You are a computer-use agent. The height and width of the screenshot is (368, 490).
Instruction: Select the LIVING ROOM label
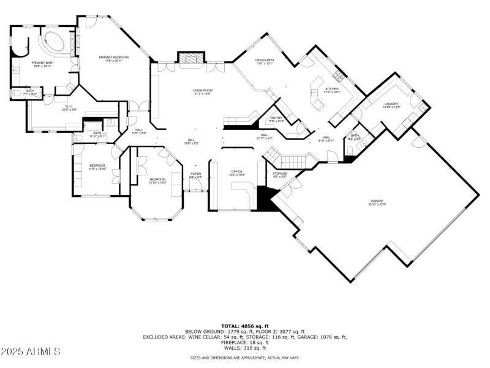click(x=202, y=91)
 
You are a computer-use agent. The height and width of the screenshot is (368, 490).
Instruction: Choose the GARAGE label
click(x=375, y=201)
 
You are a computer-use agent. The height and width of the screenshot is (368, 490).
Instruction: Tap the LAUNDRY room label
click(x=391, y=104)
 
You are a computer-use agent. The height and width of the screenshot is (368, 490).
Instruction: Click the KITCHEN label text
click(x=332, y=89)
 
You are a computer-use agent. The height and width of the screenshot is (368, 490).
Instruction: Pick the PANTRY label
click(x=277, y=117)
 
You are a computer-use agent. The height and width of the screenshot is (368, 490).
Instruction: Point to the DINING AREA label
click(x=265, y=60)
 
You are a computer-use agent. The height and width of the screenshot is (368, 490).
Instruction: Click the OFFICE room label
click(x=236, y=171)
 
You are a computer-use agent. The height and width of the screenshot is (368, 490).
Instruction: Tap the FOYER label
click(x=195, y=174)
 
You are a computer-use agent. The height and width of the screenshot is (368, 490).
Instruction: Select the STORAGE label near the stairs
click(x=280, y=174)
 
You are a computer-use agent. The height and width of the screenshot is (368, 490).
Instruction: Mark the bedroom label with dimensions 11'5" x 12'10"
click(x=97, y=166)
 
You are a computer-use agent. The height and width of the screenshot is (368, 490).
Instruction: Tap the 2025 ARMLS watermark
click(x=31, y=351)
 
